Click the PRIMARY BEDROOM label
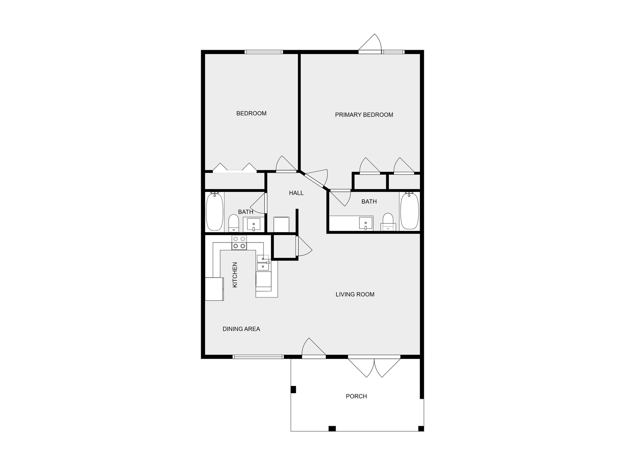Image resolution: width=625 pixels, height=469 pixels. (x=364, y=115)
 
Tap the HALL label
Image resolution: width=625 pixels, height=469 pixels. (x=296, y=193)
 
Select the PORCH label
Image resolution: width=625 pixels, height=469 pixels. (x=356, y=396)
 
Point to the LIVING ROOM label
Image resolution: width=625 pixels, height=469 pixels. (x=355, y=294)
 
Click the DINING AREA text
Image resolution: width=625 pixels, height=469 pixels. (x=241, y=329)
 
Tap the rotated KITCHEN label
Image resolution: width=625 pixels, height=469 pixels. (x=235, y=275)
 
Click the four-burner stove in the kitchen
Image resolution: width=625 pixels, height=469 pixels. (x=239, y=242)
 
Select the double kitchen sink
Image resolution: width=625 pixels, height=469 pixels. (x=263, y=263)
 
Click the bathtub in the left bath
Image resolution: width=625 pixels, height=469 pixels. (x=215, y=212)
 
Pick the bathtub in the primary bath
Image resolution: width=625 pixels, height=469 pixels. (x=409, y=211)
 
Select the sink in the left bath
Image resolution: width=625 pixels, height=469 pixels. (x=254, y=224)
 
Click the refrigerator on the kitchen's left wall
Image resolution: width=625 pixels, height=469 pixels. (x=215, y=289)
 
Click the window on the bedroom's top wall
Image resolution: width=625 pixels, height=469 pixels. (x=264, y=52)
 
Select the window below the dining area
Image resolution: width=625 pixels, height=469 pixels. (x=258, y=357)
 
